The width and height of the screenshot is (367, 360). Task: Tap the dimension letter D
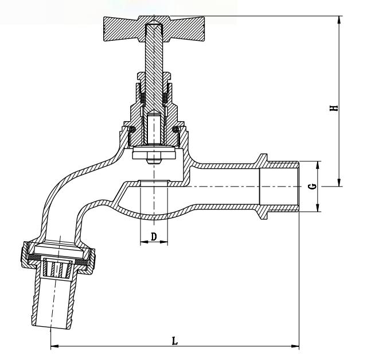pyautogui.click(x=154, y=236)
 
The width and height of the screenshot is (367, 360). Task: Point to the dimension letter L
pyautogui.click(x=175, y=340)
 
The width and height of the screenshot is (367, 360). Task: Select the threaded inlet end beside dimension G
pyautogui.click(x=281, y=187)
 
